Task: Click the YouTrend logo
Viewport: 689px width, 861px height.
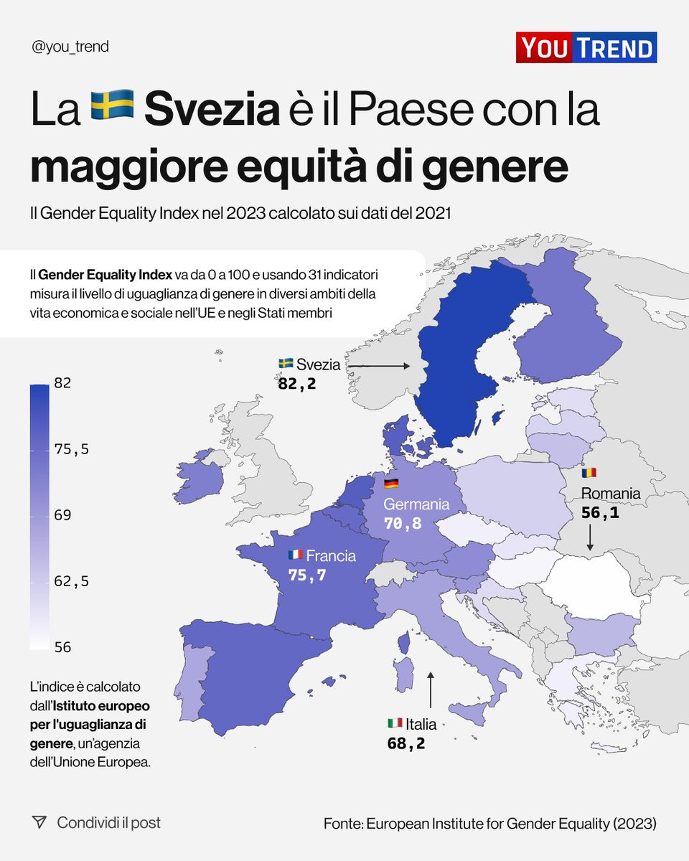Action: (x=586, y=48)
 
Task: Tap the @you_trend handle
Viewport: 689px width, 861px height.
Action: (x=70, y=47)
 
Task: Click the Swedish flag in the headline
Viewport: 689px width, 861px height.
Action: (x=112, y=105)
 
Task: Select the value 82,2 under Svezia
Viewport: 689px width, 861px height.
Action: (x=296, y=384)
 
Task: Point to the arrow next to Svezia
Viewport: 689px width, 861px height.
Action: (x=379, y=365)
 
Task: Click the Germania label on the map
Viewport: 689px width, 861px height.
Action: (x=416, y=504)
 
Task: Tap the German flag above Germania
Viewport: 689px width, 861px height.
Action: (x=391, y=483)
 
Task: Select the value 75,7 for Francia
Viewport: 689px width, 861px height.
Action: (x=307, y=575)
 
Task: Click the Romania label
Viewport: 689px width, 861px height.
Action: (x=611, y=493)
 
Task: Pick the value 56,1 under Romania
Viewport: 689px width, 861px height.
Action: (x=599, y=513)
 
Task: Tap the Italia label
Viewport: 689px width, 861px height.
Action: (x=421, y=724)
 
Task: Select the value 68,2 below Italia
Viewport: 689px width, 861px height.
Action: (x=406, y=743)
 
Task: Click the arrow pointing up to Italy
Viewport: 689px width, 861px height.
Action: (x=431, y=690)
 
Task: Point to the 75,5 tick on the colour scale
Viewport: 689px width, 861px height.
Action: (x=71, y=449)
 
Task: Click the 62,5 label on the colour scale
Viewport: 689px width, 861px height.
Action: (x=71, y=581)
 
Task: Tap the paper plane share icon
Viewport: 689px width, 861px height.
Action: (x=39, y=822)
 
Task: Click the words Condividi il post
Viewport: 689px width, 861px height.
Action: (x=109, y=822)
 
